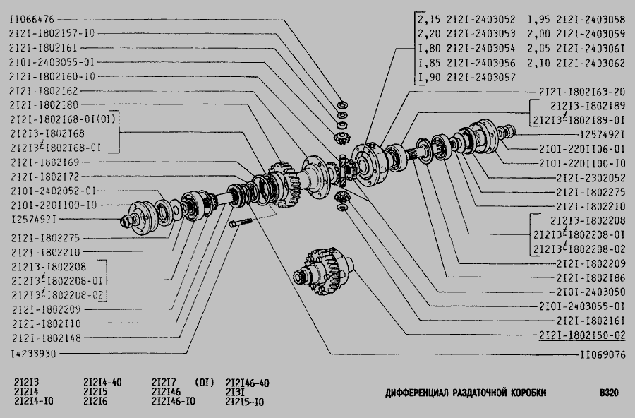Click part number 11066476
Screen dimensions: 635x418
point(32,19)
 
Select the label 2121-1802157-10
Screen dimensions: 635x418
point(52,33)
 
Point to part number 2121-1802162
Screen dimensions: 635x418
point(43,91)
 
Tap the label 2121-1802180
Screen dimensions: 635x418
point(44,105)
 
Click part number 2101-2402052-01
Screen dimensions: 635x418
point(54,191)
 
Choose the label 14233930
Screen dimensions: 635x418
point(34,354)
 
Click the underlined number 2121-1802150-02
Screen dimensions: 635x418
point(582,335)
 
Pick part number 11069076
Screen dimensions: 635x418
point(603,355)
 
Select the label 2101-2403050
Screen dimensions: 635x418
point(591,292)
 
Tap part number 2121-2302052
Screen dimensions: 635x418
point(591,178)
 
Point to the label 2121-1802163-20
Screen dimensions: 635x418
point(582,92)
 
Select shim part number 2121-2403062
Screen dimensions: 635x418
point(591,64)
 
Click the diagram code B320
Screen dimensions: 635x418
point(609,393)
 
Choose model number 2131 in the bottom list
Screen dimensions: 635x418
point(235,392)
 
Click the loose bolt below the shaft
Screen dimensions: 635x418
point(241,222)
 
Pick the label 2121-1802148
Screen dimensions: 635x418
point(47,338)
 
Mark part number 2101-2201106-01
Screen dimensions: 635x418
point(582,149)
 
